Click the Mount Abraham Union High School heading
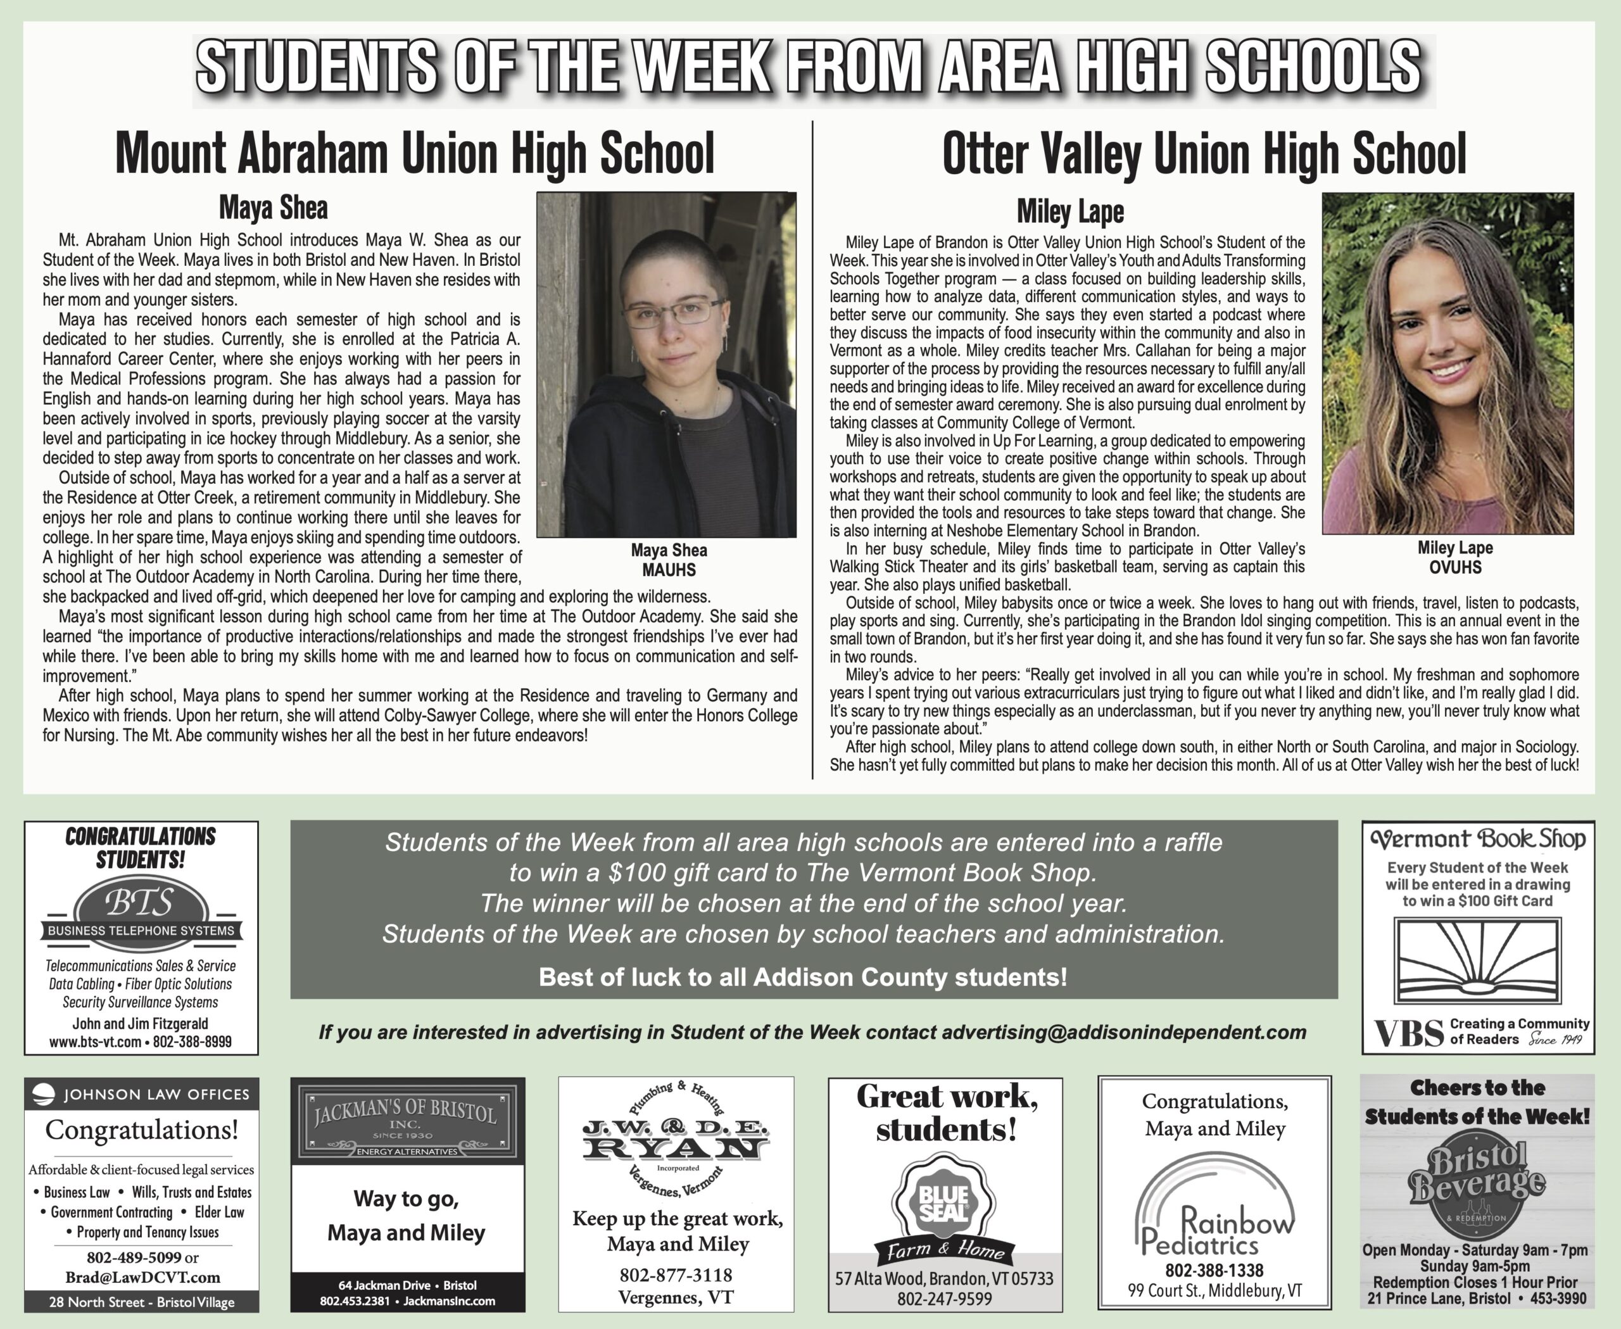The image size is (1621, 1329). pyautogui.click(x=414, y=153)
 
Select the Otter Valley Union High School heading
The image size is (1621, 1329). pyautogui.click(x=1204, y=153)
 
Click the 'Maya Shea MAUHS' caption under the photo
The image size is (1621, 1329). pyautogui.click(x=669, y=560)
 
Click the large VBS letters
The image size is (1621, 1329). pyautogui.click(x=1409, y=1033)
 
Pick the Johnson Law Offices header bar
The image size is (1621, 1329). pyautogui.click(x=142, y=1094)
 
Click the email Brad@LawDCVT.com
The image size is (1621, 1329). pyautogui.click(x=142, y=1278)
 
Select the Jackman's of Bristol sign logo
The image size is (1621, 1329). pyautogui.click(x=407, y=1120)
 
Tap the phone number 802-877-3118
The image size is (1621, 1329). pyautogui.click(x=676, y=1275)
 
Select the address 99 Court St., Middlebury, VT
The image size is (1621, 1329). pyautogui.click(x=1214, y=1291)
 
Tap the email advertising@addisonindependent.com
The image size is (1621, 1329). pyautogui.click(x=1123, y=1033)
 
